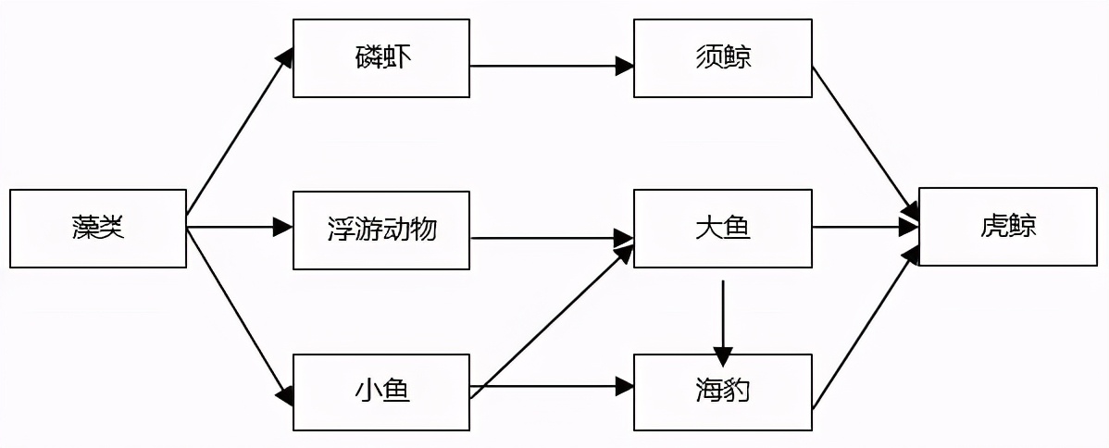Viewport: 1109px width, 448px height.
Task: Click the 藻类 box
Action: coord(98,229)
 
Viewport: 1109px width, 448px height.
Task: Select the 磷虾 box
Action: coord(381,58)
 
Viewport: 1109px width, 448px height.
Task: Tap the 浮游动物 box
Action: coord(381,230)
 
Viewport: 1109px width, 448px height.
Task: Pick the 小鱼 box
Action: coord(381,392)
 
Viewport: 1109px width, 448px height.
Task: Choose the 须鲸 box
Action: coord(722,58)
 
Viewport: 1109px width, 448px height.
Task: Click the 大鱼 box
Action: coord(722,229)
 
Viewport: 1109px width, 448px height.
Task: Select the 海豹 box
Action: coord(722,392)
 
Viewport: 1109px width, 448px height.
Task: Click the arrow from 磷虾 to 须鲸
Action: coord(551,66)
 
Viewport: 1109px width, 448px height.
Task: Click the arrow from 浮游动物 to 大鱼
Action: coord(551,238)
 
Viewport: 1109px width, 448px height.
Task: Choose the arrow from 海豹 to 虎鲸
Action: coord(866,329)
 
